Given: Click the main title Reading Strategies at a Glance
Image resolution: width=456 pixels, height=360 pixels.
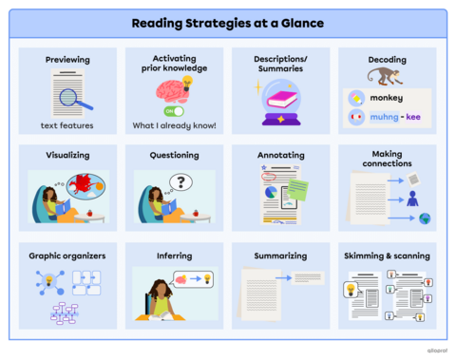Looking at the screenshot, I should pos(228,23).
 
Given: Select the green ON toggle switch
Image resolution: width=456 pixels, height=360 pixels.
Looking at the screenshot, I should pos(175,110).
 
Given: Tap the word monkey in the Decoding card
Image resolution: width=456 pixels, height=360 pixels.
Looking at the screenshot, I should pos(387,98).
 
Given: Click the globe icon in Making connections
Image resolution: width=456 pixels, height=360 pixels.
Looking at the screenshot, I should pos(425,218).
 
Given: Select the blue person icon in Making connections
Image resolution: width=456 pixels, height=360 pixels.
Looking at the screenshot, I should pos(412,199).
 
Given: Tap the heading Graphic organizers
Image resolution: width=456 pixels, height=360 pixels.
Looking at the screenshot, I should pos(67,256).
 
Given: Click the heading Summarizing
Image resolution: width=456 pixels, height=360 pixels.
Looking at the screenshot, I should pos(280,256).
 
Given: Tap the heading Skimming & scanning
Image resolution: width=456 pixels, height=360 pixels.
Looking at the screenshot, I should pos(387,256).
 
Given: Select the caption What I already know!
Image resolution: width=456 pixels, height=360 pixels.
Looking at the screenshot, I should pos(174,126).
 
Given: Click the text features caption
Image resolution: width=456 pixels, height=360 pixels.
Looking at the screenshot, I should pos(67,126).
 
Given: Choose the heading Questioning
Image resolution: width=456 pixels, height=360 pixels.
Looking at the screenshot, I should pos(174,155).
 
